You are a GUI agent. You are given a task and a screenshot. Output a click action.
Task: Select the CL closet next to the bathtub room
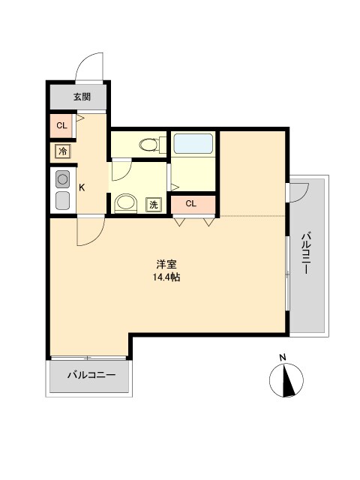coord(191,203)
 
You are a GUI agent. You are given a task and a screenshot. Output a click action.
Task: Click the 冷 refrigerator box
coord(63,151)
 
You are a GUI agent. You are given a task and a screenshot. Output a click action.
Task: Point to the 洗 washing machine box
coord(153,204)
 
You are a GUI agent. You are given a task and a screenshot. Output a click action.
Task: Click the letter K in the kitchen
coord(82,188)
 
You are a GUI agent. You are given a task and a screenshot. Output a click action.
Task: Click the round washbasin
coord(124,202)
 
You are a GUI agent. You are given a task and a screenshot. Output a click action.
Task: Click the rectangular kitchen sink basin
coord(62,200)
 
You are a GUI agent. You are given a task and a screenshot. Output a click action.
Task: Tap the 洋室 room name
coord(166,265)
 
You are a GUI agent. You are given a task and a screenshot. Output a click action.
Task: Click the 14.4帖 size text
coord(166,277)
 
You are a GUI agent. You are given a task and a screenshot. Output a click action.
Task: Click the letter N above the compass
coord(283,357)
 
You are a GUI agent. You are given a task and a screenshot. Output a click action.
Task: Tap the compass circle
coord(286,380)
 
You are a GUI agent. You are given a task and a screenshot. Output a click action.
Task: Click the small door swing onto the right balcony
coord(298,191)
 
